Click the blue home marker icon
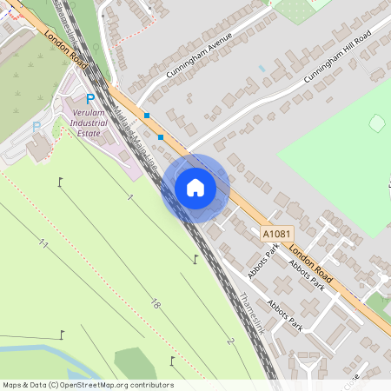click(x=195, y=188)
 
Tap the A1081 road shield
click(x=277, y=235)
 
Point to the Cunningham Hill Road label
click(x=337, y=58)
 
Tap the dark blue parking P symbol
click(x=89, y=100)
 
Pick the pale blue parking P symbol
click(x=36, y=127)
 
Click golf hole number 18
click(x=155, y=303)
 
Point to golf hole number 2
click(x=231, y=341)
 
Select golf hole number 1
click(x=129, y=198)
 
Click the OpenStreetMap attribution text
click(x=88, y=385)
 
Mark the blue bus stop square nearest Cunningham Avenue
click(x=147, y=116)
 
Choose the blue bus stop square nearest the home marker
click(x=161, y=136)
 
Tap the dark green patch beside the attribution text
click(x=136, y=362)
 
